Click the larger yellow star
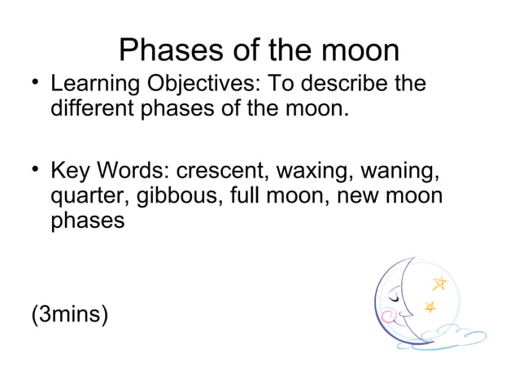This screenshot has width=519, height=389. [x=440, y=283]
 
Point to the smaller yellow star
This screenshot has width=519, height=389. [x=430, y=306]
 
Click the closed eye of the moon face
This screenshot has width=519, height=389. [x=393, y=298]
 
